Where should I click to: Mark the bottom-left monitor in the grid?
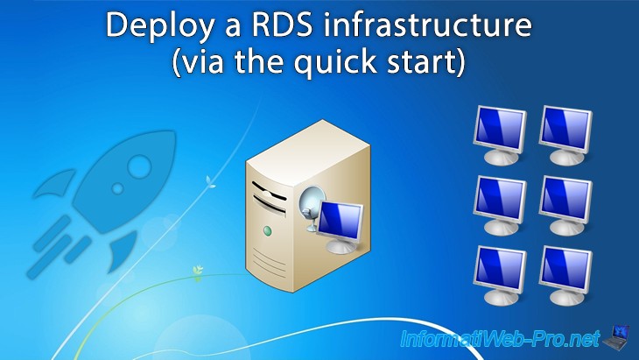click(499, 272)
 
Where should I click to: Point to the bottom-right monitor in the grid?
click(566, 272)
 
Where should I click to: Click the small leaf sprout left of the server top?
click(208, 182)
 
